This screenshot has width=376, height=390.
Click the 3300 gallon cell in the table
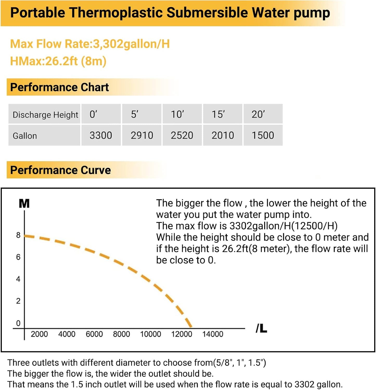(101, 135)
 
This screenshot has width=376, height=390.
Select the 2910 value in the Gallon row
(142, 135)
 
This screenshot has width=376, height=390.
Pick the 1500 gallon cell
(263, 135)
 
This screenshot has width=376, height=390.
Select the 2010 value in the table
(223, 135)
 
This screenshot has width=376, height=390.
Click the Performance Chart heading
(59, 87)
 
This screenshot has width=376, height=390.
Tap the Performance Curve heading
(60, 170)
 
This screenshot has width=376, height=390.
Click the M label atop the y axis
(24, 203)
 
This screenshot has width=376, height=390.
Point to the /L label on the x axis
(261, 329)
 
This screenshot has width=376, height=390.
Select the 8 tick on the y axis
(18, 235)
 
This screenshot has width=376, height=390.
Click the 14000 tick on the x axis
(213, 334)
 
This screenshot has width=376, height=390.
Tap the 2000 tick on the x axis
(39, 334)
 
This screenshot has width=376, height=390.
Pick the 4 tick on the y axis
(18, 279)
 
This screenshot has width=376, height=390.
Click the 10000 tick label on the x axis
(150, 334)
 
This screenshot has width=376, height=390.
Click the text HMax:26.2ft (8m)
(58, 61)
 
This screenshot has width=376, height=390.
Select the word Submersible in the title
(207, 13)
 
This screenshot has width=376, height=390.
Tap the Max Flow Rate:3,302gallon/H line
(90, 44)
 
